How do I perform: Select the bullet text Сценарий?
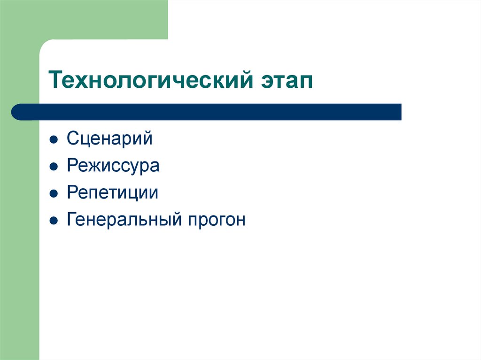coord(109,139)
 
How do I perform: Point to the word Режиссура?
coord(113,166)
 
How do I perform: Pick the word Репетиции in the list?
coord(112,193)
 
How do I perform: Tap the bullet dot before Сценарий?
coord(54,140)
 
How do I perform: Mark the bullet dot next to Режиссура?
coord(54,167)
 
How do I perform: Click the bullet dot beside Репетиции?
coord(54,193)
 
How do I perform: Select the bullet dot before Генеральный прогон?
coord(54,220)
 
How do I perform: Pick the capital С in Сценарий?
coord(72,139)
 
